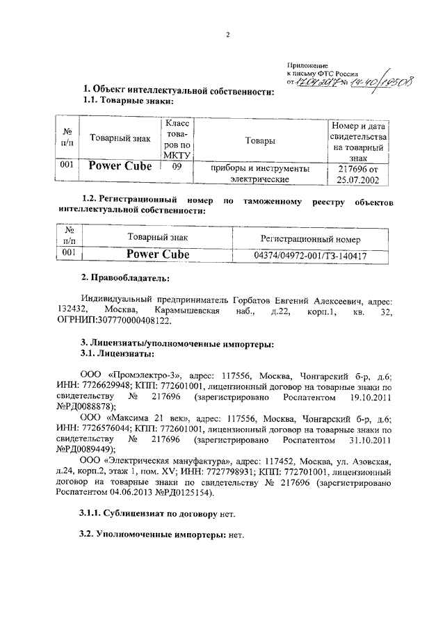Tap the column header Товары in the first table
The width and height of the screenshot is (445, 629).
click(x=259, y=140)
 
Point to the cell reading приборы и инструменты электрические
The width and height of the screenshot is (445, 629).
click(x=259, y=173)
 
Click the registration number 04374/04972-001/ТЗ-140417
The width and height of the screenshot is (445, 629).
click(x=310, y=256)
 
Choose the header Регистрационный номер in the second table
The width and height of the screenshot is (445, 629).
click(x=310, y=238)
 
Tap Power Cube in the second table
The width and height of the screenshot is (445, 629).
click(x=156, y=255)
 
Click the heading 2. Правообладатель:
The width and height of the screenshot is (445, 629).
click(x=125, y=278)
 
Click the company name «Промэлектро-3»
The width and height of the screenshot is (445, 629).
click(x=136, y=373)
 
